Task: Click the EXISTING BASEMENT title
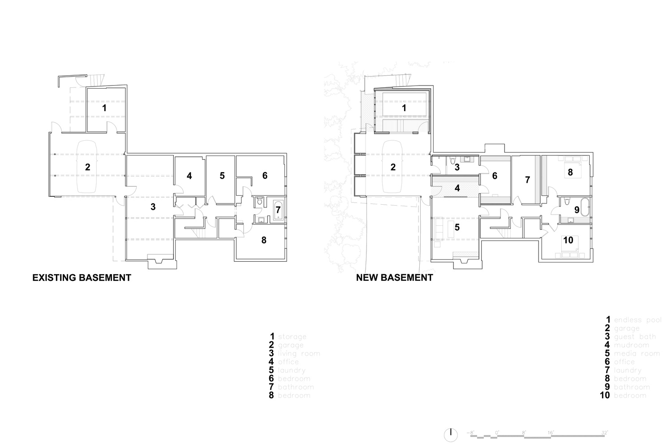tap(82, 278)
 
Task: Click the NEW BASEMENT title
tap(394, 278)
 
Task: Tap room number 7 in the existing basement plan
tap(278, 209)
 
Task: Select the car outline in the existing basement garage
tap(88, 167)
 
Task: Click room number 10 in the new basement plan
tap(568, 240)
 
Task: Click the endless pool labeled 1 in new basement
tap(404, 108)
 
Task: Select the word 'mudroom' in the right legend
tap(631, 345)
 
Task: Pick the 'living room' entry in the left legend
tap(299, 353)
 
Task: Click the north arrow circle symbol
tap(451, 434)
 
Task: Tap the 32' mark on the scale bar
tap(605, 433)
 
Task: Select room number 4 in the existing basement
tap(190, 176)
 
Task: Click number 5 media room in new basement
tap(457, 227)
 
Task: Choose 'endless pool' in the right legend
tap(638, 320)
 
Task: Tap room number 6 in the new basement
tap(495, 176)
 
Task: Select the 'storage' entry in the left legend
tap(292, 336)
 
